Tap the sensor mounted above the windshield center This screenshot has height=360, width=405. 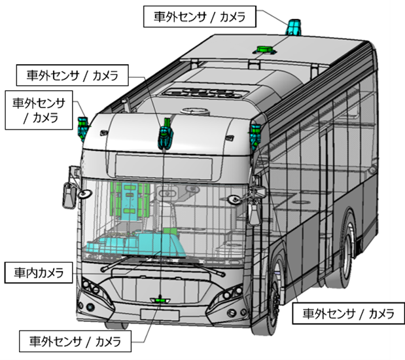tap(165, 134)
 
